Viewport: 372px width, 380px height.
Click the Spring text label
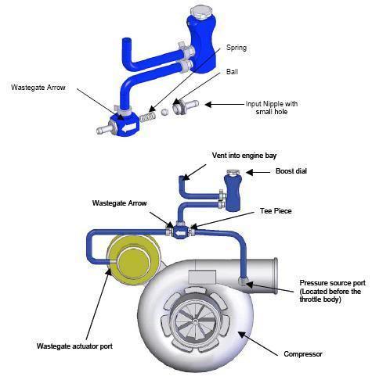click(236, 48)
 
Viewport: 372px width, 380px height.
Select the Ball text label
click(231, 71)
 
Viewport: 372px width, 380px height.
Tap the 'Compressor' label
click(301, 354)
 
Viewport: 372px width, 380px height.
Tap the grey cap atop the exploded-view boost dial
click(200, 13)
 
